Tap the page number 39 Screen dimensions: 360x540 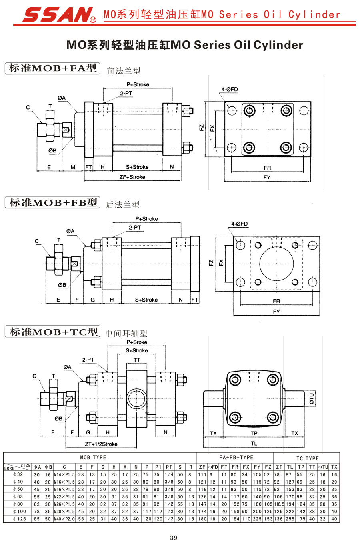click(x=174, y=537)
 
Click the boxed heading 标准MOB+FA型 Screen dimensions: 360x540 click(x=52, y=68)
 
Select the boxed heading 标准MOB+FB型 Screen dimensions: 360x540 click(x=52, y=202)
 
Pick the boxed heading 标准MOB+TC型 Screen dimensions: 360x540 click(x=52, y=332)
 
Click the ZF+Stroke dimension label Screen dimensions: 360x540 click(x=132, y=177)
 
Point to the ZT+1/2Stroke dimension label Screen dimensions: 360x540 click(x=101, y=444)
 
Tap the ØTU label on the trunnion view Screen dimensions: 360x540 click(x=312, y=398)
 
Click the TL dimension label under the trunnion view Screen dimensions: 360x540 click(x=254, y=443)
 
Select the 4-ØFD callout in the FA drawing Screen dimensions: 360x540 click(x=230, y=90)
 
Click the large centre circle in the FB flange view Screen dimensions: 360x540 click(x=276, y=264)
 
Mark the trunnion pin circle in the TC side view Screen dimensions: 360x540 click(x=136, y=399)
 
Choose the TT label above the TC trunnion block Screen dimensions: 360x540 click(x=137, y=360)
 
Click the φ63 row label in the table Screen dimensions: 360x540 click(x=18, y=497)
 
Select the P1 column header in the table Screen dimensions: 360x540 click(x=158, y=467)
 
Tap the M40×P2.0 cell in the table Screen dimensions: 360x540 click(x=64, y=519)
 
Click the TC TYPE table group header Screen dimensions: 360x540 click(x=308, y=458)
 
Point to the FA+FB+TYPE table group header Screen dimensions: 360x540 click(x=236, y=457)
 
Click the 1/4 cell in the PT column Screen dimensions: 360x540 click(x=169, y=474)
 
